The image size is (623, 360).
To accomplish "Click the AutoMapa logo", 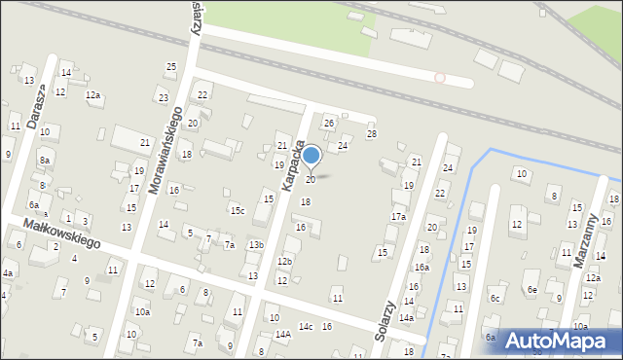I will (x=561, y=342).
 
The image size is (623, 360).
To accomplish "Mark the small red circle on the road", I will (x=440, y=77).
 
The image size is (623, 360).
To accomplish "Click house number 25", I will (x=171, y=66).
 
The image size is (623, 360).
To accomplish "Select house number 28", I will (x=371, y=133).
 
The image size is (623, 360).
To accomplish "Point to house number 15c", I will (x=237, y=210).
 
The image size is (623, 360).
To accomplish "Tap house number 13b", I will (x=256, y=244).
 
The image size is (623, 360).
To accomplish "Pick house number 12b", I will (x=284, y=262).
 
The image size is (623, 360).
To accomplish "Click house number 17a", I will (x=398, y=216).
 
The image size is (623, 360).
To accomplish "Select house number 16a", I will (x=421, y=267).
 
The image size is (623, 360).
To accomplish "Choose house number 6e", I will (x=531, y=289).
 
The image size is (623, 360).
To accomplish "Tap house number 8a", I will (x=45, y=161).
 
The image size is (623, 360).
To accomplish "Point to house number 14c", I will (x=306, y=326).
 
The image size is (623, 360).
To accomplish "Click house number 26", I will (x=329, y=123).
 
